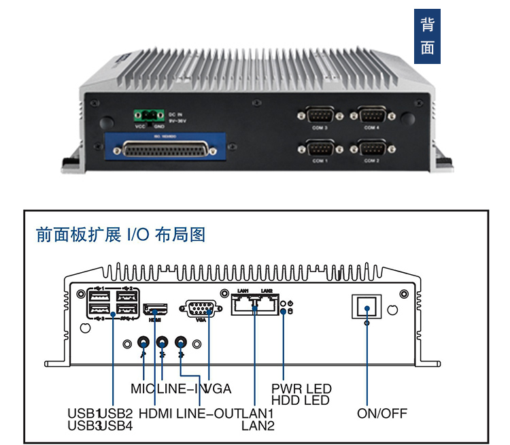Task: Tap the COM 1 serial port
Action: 320,148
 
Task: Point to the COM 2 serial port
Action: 371,148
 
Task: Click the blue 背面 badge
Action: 427,37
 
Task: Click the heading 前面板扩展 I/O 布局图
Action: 120,235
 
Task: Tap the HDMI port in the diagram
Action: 156,309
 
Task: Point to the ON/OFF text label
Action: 381,413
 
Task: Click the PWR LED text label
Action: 301,389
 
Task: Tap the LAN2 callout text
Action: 258,426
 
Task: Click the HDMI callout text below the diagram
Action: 155,413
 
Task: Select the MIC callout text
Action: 143,389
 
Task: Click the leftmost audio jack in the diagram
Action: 144,342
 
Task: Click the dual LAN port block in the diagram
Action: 255,304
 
